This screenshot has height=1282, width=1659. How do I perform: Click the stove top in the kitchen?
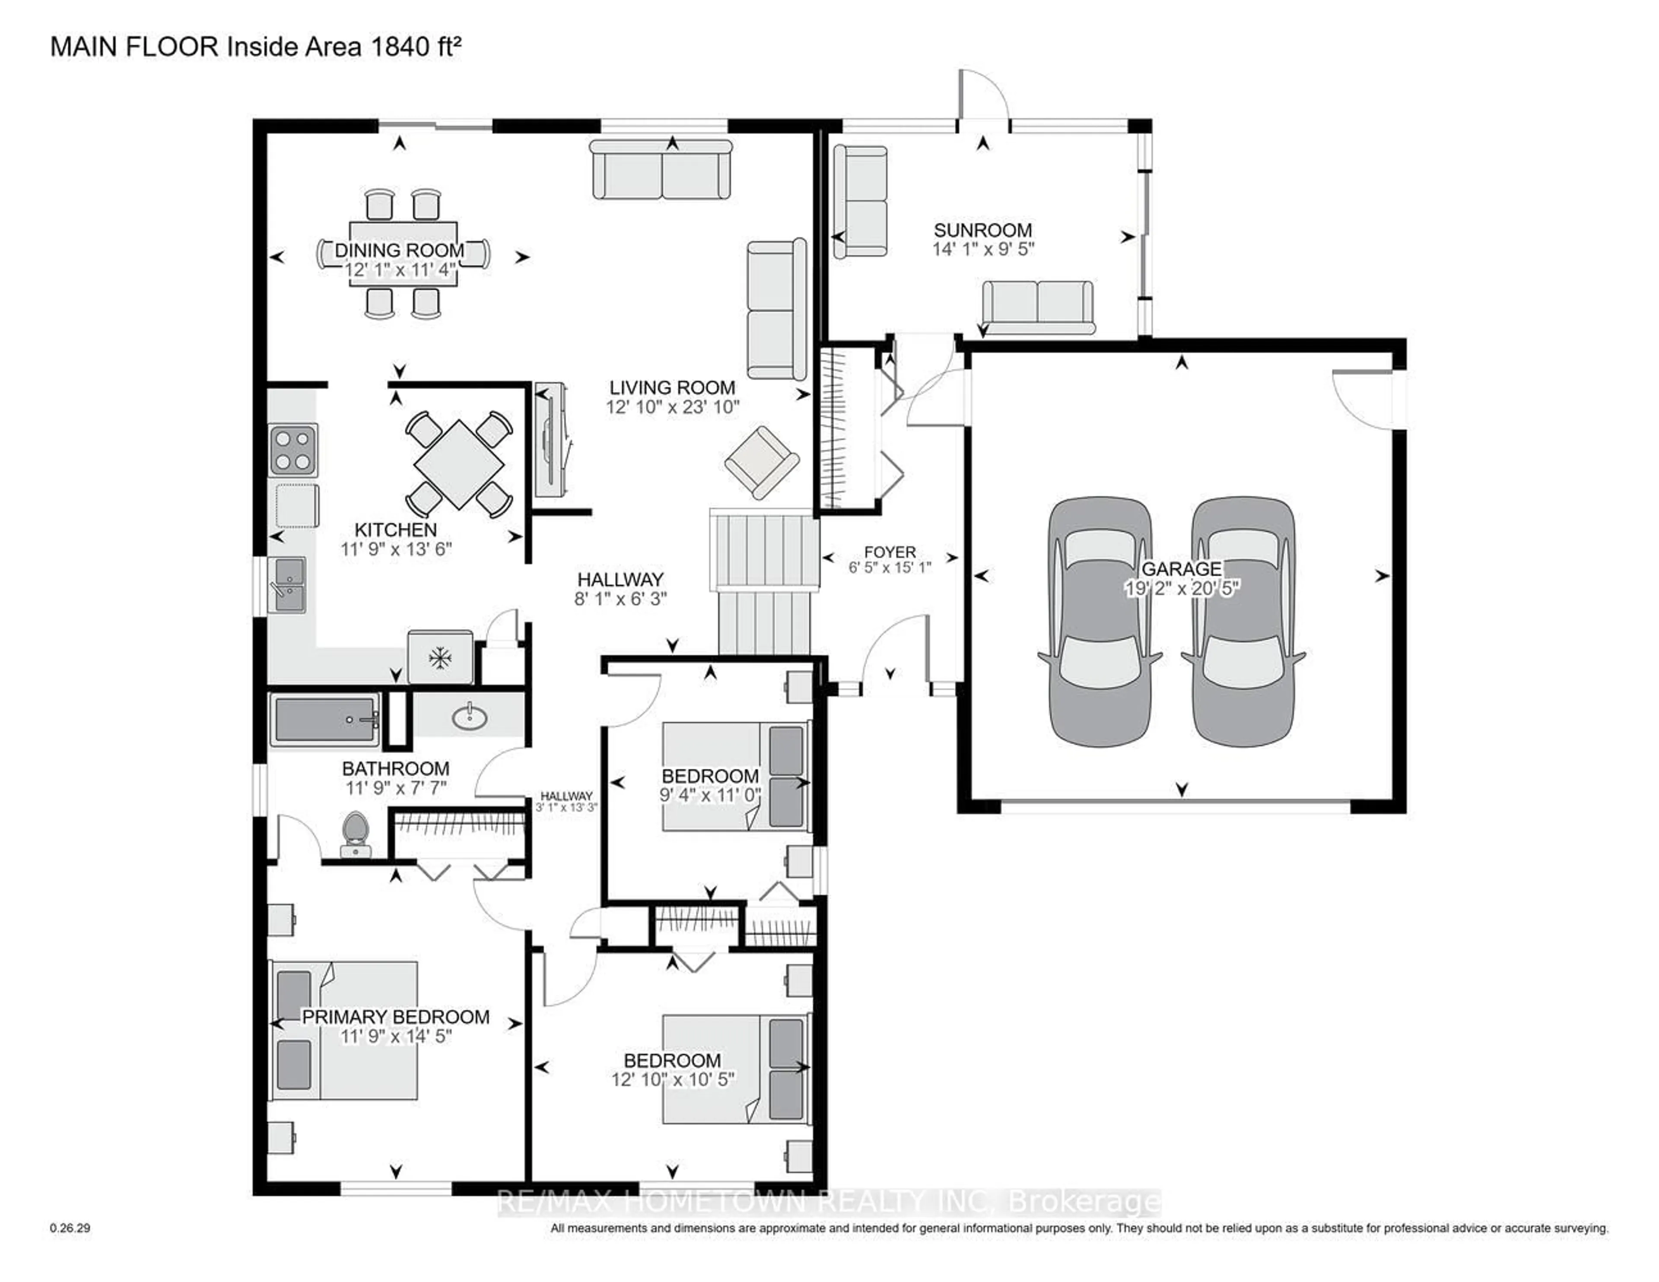293,451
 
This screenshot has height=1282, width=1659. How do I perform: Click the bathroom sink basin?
470,716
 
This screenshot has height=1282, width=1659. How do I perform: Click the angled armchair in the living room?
761,462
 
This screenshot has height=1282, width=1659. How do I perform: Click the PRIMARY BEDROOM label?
396,1017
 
